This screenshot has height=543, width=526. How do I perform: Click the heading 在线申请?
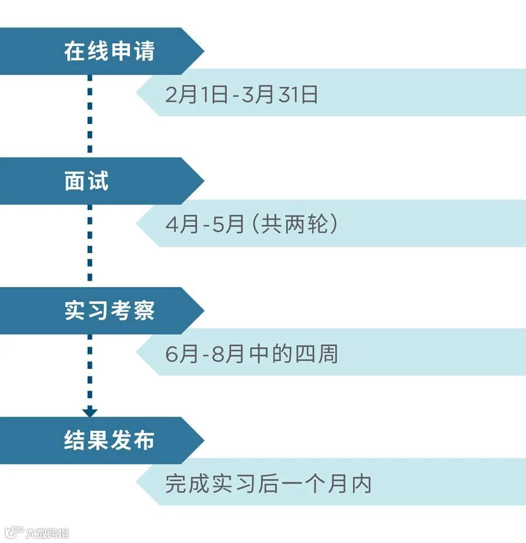click(x=109, y=51)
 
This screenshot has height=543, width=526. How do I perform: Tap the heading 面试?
click(x=86, y=181)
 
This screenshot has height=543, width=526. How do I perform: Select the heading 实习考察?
click(x=109, y=311)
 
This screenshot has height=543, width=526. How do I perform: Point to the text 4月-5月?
click(x=205, y=224)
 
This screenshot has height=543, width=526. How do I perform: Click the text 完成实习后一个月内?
click(x=268, y=484)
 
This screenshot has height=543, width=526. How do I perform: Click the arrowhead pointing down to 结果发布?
click(x=89, y=412)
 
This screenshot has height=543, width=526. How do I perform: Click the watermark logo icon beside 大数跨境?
click(x=14, y=532)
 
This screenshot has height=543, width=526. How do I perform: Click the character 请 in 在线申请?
click(x=143, y=51)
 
